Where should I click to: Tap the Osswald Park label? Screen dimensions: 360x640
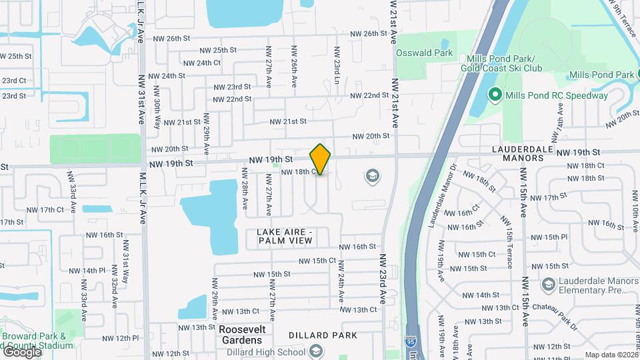coord(424,53)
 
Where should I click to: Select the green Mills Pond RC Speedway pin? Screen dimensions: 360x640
coord(495,95)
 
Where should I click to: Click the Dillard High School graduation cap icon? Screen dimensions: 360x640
coord(315,351)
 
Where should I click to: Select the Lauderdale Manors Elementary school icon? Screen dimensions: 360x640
coord(548,285)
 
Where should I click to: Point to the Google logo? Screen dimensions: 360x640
coord(21,351)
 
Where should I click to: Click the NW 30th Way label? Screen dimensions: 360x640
coord(158,115)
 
